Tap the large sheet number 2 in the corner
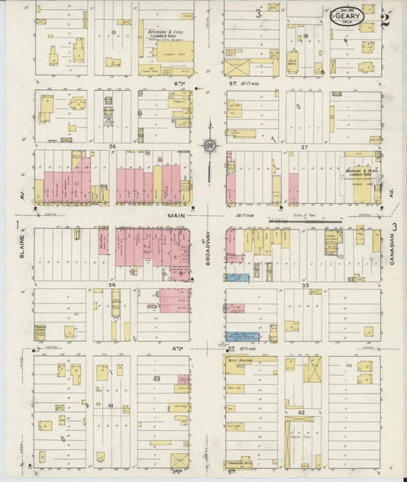coord(386,19)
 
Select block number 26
coord(111,146)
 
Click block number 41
coord(111,405)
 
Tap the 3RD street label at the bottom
coord(178,472)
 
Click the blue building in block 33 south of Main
coord(237,278)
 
